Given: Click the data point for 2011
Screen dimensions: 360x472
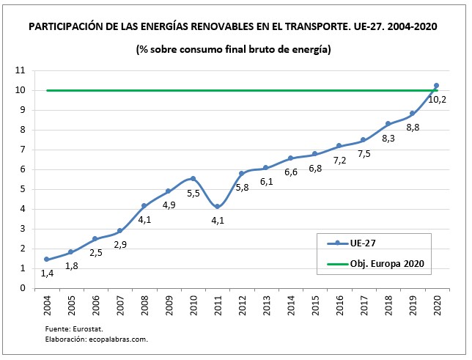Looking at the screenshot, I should click(x=217, y=207).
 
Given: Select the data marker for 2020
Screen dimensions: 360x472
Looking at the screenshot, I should click(x=437, y=86).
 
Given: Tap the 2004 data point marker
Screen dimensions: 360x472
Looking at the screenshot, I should click(x=46, y=260).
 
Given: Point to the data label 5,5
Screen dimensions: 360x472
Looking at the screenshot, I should click(x=193, y=194).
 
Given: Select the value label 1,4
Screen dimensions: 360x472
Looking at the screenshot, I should click(x=46, y=273).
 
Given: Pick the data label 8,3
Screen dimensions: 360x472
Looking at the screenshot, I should click(x=388, y=138).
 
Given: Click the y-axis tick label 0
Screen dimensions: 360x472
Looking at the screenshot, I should click(x=22, y=288).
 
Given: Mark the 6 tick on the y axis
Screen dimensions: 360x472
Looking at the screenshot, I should click(x=22, y=169).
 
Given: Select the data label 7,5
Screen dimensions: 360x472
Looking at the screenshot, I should click(x=364, y=153).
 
